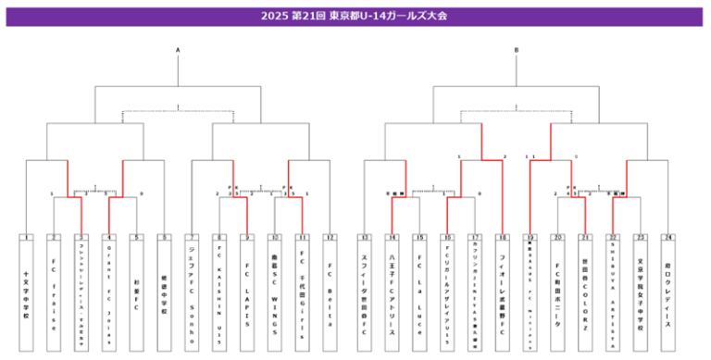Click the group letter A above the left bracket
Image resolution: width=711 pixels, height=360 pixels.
coord(178,50)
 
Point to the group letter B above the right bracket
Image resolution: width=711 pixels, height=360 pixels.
coord(517,50)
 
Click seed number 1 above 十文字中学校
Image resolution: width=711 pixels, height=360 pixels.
coord(27,238)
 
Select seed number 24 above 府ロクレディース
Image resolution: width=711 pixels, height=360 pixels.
coord(667,238)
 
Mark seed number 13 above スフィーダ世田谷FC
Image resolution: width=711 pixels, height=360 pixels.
coord(365,238)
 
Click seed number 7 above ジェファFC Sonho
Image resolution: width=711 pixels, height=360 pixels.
coord(193,238)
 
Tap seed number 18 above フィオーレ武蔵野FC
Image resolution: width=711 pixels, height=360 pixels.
coord(502,238)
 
